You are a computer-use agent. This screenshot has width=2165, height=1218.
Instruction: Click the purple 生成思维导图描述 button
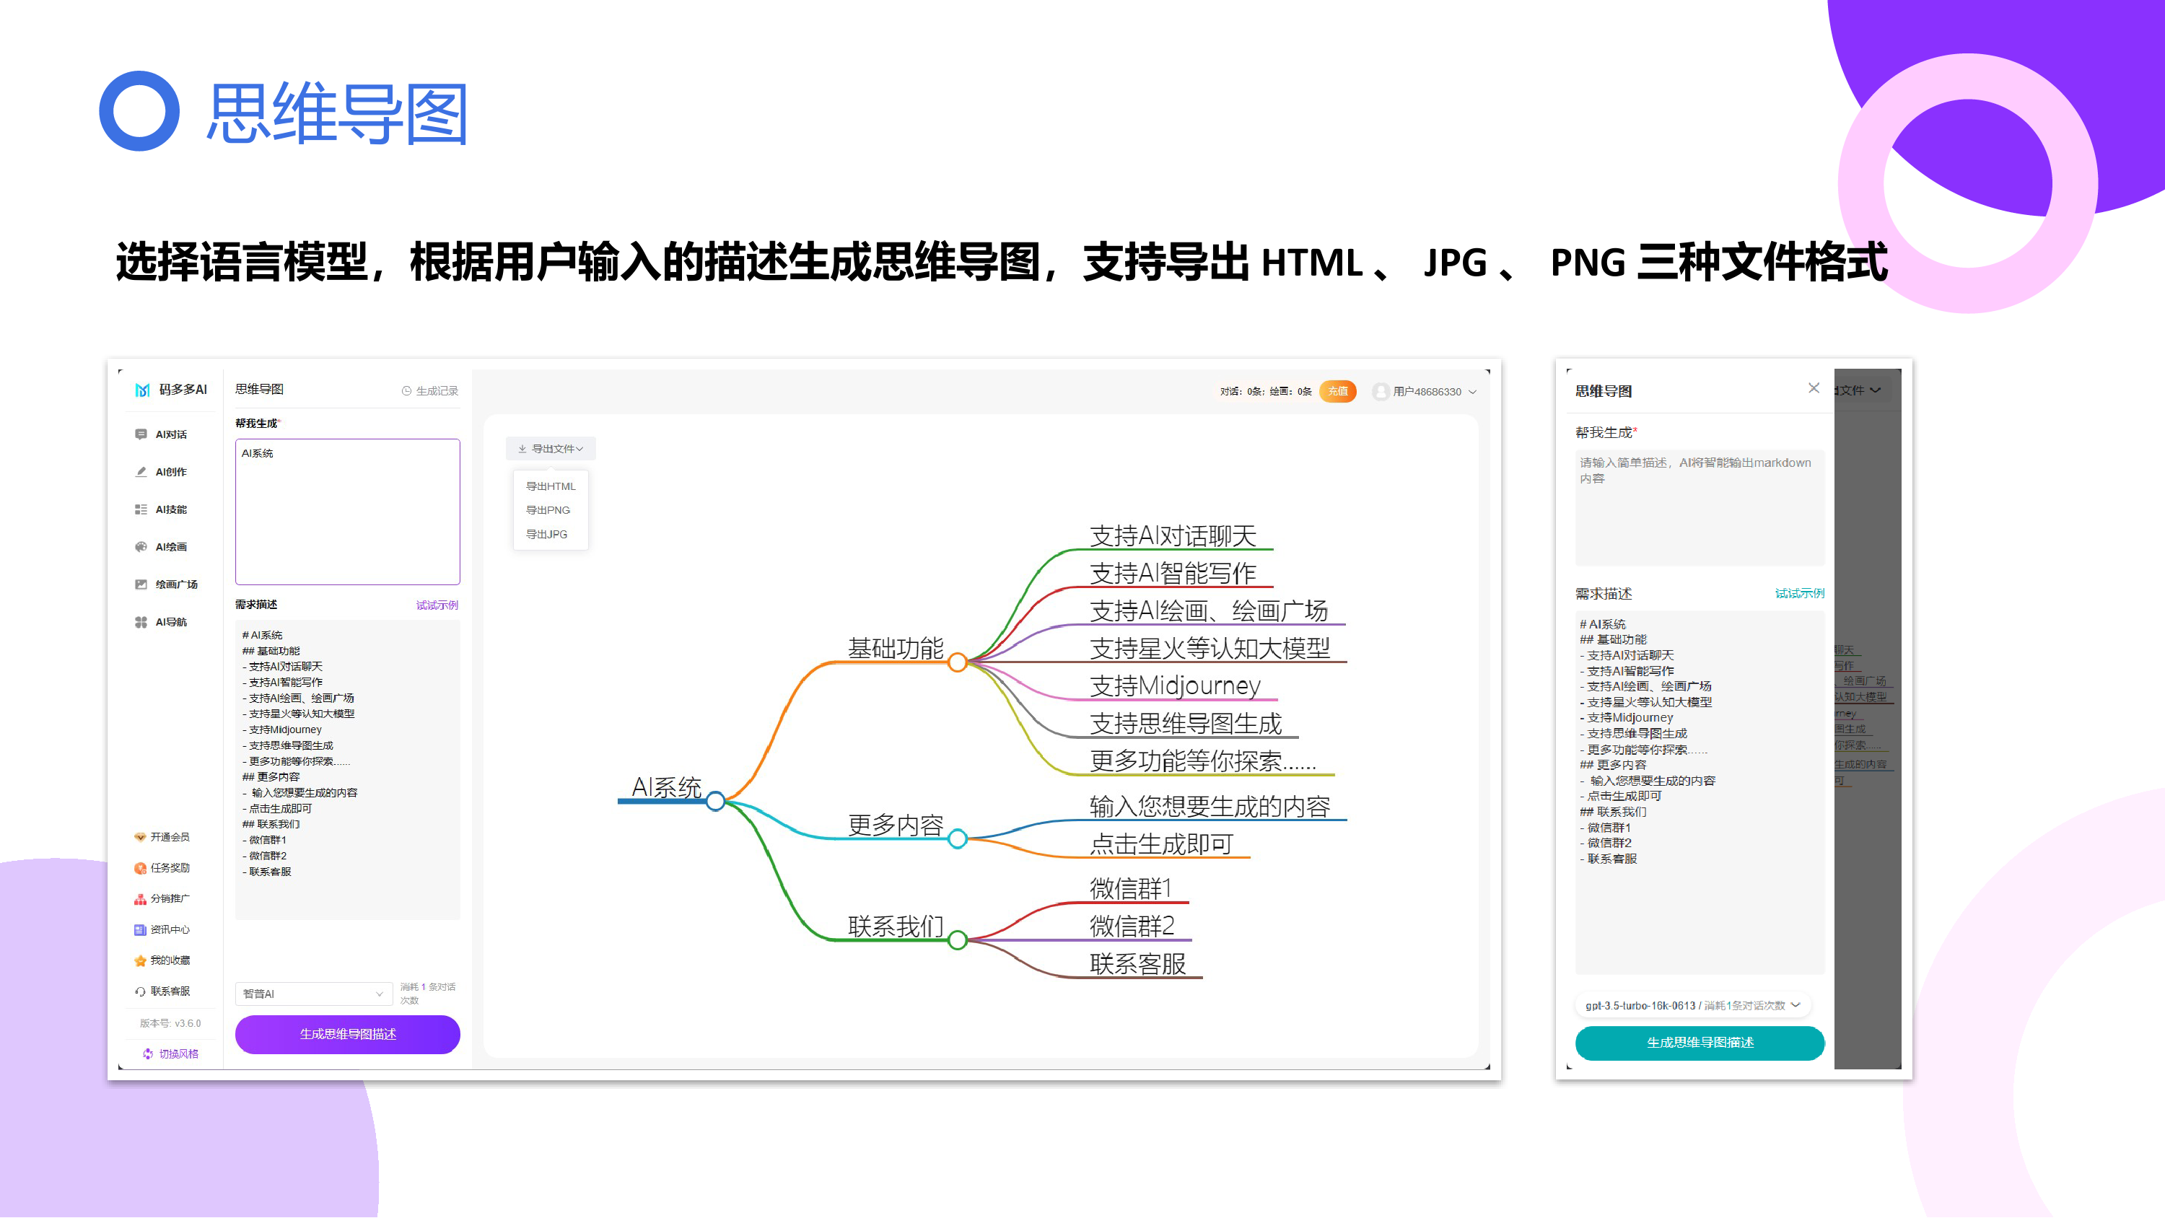tap(347, 1034)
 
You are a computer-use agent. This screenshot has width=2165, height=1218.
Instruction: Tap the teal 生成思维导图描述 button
tap(1699, 1043)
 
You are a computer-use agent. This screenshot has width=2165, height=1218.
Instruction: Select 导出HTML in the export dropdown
tap(551, 486)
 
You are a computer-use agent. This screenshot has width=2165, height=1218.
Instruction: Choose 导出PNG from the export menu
tap(548, 510)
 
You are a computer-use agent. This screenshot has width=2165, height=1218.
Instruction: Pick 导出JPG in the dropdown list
tap(546, 535)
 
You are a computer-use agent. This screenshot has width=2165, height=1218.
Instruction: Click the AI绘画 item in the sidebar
tap(170, 547)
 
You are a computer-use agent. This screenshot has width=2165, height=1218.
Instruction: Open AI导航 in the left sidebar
tap(170, 622)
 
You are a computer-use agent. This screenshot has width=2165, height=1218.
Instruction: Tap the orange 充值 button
tap(1337, 391)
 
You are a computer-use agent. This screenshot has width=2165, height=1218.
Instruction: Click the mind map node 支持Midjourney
tap(1174, 686)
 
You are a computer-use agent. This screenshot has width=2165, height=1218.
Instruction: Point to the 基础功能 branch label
tap(895, 648)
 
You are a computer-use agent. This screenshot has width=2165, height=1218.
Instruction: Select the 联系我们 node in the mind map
tap(895, 926)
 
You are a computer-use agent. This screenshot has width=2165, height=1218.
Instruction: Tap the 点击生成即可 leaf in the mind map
tap(1160, 844)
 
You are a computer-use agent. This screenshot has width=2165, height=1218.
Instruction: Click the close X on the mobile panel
tap(1813, 388)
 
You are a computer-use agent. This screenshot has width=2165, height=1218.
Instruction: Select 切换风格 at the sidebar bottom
tap(178, 1054)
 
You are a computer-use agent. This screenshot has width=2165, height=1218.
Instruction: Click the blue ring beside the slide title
tap(139, 111)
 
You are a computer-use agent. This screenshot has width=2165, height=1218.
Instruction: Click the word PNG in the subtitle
tap(1587, 262)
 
